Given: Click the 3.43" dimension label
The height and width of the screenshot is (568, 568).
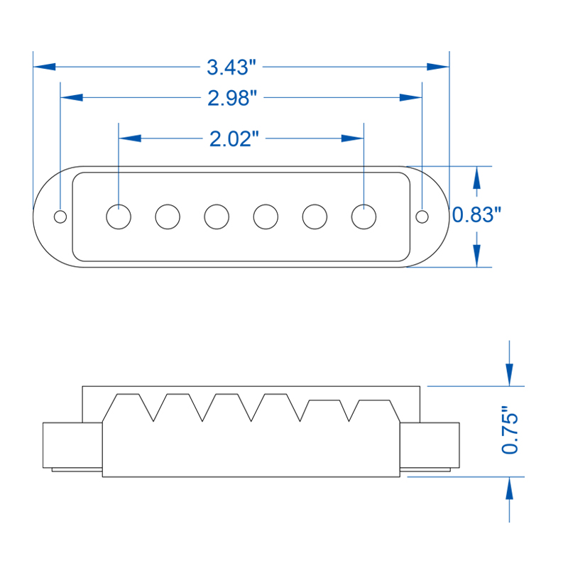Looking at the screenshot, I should tap(231, 67).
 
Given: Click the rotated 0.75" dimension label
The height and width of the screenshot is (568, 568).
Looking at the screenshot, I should tap(510, 430).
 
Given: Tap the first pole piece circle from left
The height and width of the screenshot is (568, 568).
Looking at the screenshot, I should tap(119, 216).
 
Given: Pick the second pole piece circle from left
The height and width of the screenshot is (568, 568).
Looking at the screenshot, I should tap(168, 216).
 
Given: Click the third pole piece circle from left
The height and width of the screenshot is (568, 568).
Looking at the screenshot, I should tap(217, 216).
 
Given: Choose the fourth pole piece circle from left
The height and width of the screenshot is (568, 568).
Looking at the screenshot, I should tap(266, 216).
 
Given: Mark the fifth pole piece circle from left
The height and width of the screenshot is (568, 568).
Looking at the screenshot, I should tap(315, 216).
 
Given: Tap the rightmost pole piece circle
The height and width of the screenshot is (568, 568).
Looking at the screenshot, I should tap(364, 216).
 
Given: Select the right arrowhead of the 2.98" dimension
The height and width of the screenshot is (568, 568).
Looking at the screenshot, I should tap(411, 97).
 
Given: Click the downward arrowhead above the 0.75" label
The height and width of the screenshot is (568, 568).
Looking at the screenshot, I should tap(509, 375).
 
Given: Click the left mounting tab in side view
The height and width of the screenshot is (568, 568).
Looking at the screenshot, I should tap(72, 445).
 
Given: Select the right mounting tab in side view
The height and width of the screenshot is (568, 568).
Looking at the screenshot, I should tap(430, 445).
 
